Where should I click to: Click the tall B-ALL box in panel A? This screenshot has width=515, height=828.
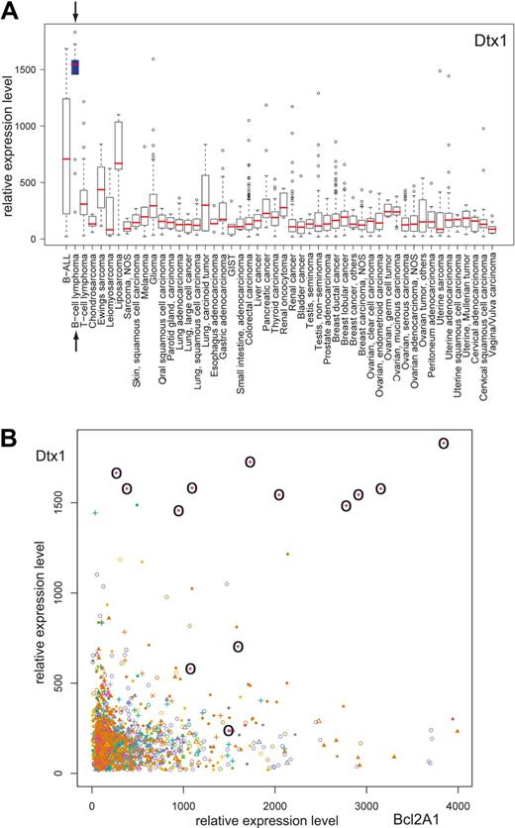tap(65, 155)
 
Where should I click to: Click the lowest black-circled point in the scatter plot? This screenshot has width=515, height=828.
tap(229, 731)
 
